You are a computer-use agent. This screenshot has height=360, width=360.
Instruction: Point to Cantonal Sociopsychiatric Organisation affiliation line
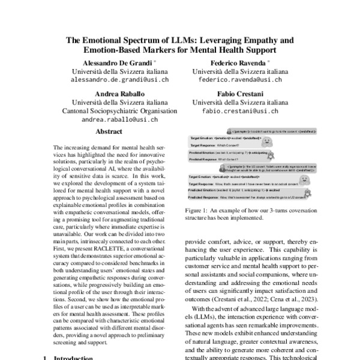tap(119, 111)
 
